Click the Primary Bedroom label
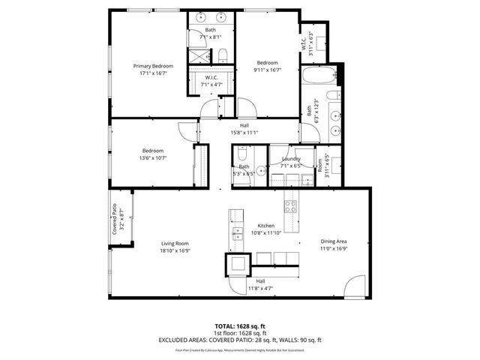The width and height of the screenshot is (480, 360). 148,66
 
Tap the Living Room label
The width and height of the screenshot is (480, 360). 174,243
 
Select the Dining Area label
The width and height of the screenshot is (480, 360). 333,241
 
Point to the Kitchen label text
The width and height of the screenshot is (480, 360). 266,226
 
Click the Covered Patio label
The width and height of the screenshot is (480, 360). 115,219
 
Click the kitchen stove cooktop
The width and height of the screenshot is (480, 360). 289,206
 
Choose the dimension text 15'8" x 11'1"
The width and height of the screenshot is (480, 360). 244,133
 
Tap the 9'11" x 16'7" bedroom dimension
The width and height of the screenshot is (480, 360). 268,70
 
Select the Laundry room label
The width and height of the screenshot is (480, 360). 291,159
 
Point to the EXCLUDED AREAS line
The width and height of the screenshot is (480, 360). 240,340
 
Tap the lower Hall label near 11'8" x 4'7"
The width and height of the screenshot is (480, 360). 259,280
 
